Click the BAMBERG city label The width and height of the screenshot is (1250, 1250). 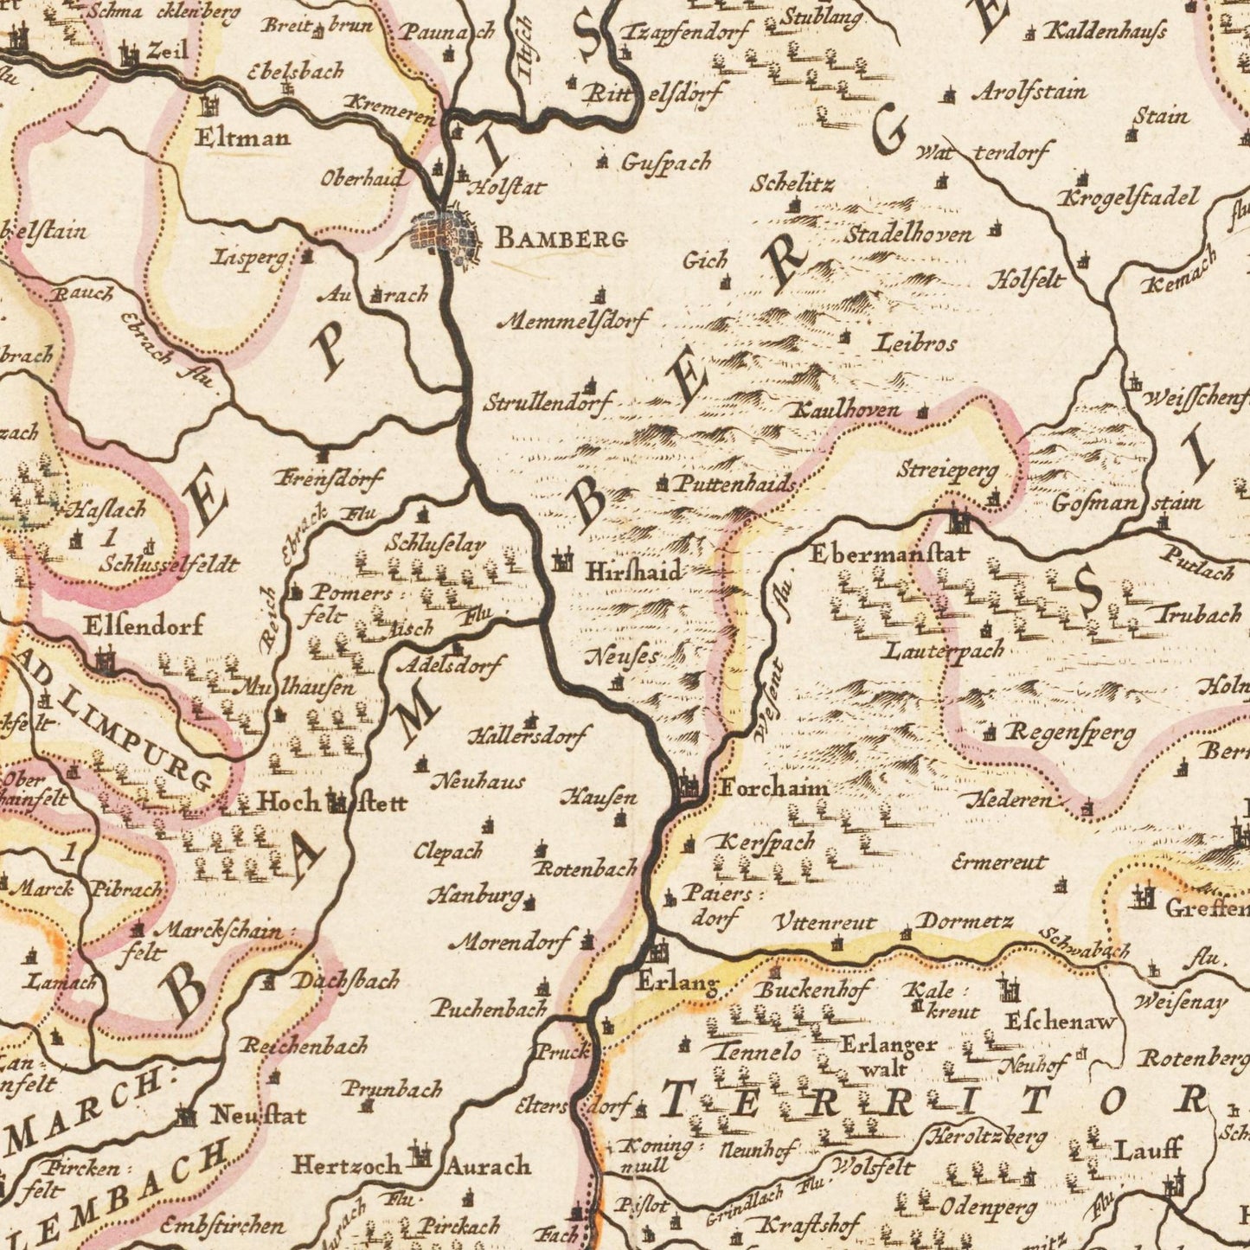click(x=561, y=239)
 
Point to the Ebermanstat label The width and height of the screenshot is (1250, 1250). click(x=889, y=554)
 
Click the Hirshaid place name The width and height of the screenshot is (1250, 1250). click(x=633, y=571)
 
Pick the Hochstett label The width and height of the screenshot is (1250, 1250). click(x=332, y=802)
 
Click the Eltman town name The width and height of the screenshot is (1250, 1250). click(x=243, y=137)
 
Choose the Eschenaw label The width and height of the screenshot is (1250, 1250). click(x=1061, y=1022)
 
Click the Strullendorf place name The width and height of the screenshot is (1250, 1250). click(x=548, y=403)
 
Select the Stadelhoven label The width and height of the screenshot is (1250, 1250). click(x=908, y=234)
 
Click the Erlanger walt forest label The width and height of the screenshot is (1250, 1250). click(x=888, y=1055)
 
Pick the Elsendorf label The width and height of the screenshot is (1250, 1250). click(x=144, y=625)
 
